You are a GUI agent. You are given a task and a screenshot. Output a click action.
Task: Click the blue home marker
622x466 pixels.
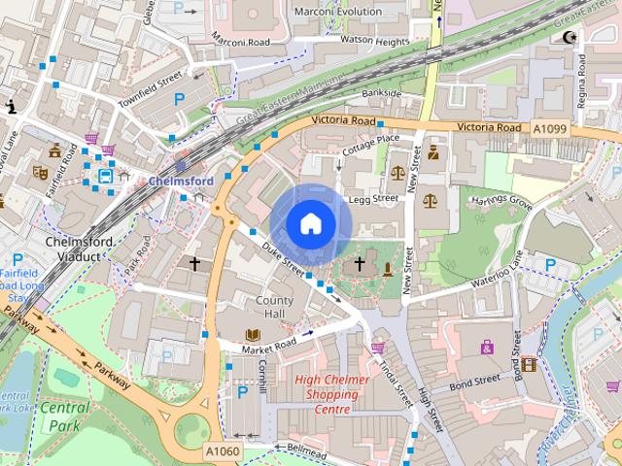tap(310, 223)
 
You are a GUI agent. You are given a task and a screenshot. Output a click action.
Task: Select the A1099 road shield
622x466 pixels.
tap(550, 127)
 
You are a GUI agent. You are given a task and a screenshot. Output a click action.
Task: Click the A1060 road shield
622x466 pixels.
tap(223, 451)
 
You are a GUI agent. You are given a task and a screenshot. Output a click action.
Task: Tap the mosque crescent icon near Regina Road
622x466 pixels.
tap(569, 38)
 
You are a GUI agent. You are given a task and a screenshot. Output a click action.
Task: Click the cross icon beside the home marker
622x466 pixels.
tap(360, 263)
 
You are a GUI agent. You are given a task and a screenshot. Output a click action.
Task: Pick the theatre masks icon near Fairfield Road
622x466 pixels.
tap(40, 172)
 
